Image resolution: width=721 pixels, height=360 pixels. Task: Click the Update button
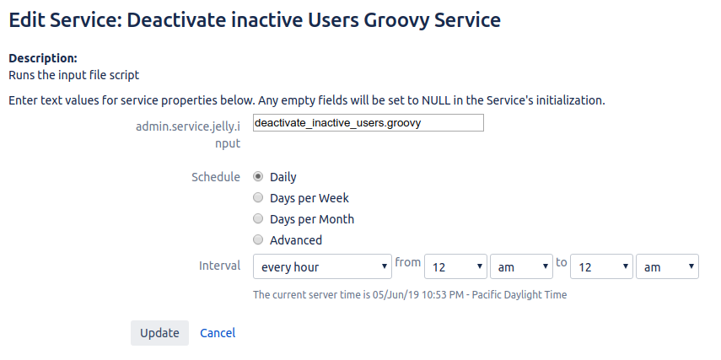pyautogui.click(x=159, y=333)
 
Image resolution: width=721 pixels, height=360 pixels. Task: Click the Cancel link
pyautogui.click(x=218, y=333)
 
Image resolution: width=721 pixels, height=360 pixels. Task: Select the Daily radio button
pyautogui.click(x=258, y=176)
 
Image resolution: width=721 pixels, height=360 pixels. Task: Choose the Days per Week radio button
pyautogui.click(x=258, y=197)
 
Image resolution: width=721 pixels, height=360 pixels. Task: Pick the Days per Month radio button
pyautogui.click(x=258, y=219)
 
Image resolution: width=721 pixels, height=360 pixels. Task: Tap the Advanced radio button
pyautogui.click(x=258, y=239)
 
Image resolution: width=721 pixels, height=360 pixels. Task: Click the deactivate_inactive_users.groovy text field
pyautogui.click(x=369, y=123)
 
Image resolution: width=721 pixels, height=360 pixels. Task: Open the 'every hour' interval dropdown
pyautogui.click(x=322, y=266)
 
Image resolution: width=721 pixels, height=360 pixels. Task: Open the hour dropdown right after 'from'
pyautogui.click(x=455, y=266)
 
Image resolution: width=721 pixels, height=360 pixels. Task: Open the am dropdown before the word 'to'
pyautogui.click(x=521, y=266)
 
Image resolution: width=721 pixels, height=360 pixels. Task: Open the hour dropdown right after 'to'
pyautogui.click(x=601, y=266)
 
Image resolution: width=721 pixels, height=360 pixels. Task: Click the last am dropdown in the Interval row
pyautogui.click(x=667, y=266)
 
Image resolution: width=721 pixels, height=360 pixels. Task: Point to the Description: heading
pyautogui.click(x=43, y=58)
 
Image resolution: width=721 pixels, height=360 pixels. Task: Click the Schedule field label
pyautogui.click(x=216, y=177)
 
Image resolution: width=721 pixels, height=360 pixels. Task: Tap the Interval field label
pyautogui.click(x=220, y=266)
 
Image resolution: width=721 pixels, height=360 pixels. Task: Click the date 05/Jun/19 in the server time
pyautogui.click(x=395, y=295)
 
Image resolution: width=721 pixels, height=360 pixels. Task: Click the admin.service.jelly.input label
pyautogui.click(x=188, y=135)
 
